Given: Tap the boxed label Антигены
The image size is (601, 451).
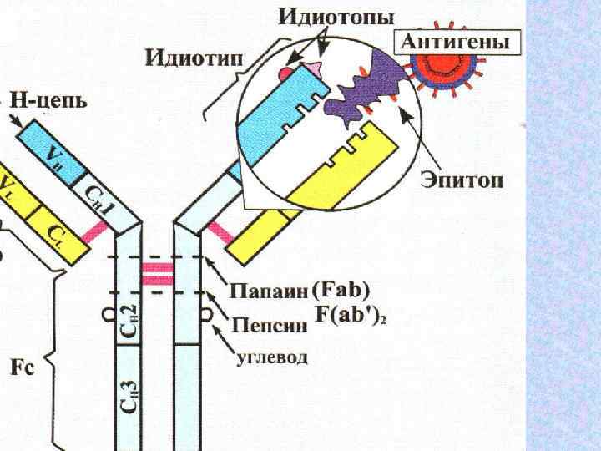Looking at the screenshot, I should click(x=456, y=40).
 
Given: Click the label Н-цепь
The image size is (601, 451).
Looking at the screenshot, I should click(x=51, y=104).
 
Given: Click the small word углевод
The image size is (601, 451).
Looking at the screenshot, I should click(x=269, y=358).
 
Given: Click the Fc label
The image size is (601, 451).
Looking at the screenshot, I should click(x=22, y=368).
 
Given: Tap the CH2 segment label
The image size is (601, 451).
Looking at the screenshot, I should click(x=128, y=317).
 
